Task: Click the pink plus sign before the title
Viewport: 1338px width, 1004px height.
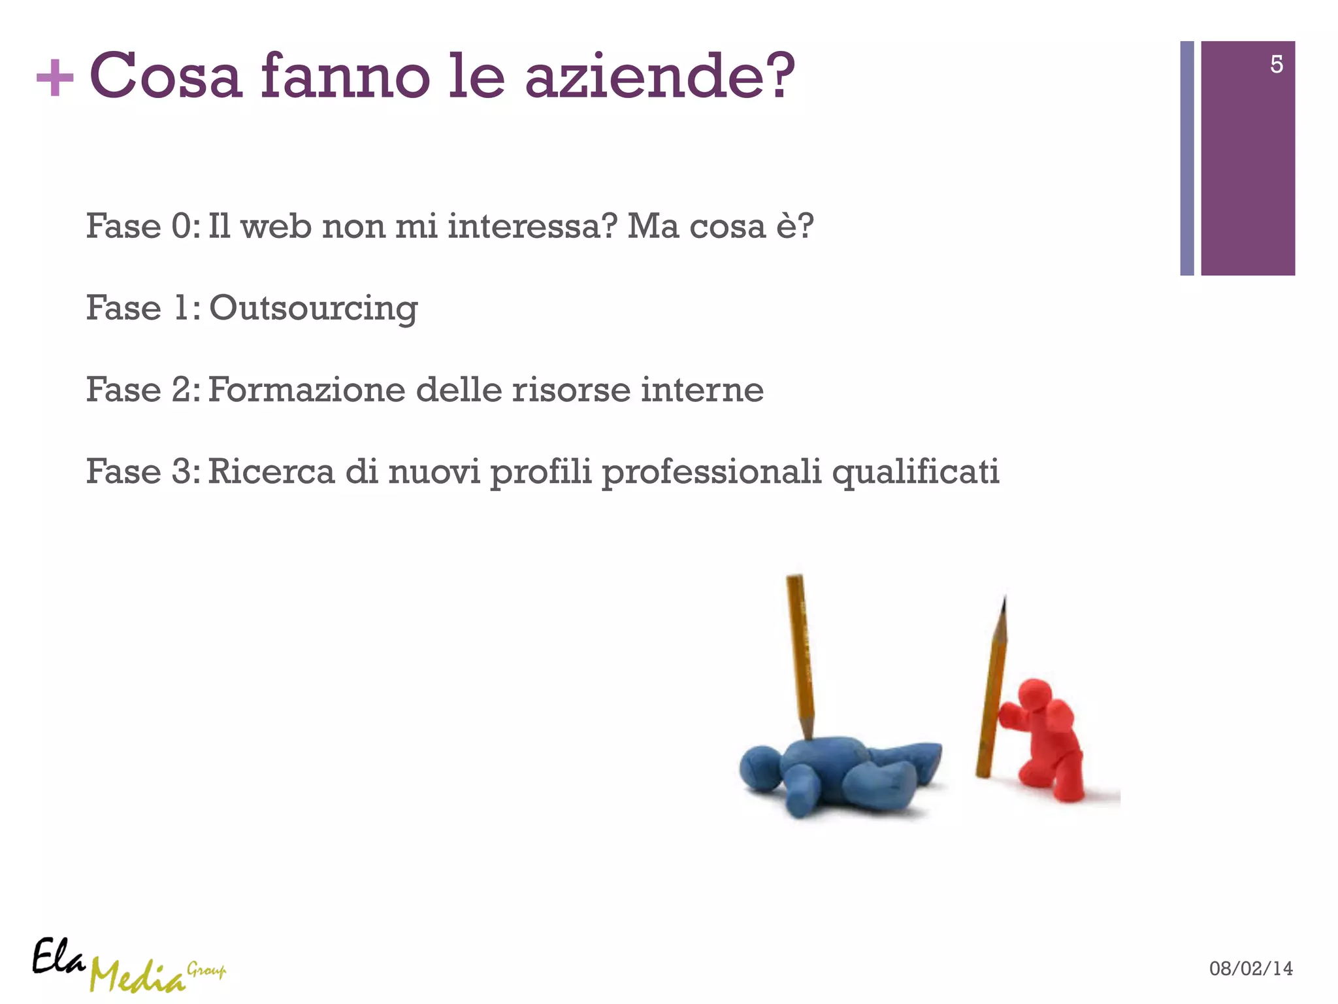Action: pos(55,78)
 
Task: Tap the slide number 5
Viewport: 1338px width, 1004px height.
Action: pos(1276,64)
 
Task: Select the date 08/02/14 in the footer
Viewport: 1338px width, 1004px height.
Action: pos(1250,968)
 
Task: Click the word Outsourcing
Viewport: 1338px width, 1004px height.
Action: pos(313,309)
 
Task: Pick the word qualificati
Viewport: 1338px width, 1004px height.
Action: pos(915,472)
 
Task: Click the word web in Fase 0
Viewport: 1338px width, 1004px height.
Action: pos(276,226)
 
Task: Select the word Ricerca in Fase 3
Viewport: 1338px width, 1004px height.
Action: pos(271,471)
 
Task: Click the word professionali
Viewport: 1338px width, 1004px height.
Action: pos(711,472)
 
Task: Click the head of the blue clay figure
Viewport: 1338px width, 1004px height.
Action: pos(761,768)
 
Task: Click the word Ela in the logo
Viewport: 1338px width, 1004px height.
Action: pos(58,958)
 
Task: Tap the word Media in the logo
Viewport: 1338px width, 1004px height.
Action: pos(137,977)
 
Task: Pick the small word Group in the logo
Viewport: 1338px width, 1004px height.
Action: pos(206,969)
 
